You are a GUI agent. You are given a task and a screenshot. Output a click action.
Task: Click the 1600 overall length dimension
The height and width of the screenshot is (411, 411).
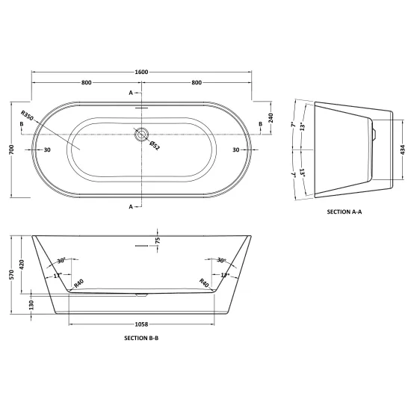pos(141,72)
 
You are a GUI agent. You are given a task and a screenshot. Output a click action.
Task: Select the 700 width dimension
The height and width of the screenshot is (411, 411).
pos(12,149)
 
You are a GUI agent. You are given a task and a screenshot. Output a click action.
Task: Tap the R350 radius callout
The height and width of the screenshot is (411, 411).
pos(27,116)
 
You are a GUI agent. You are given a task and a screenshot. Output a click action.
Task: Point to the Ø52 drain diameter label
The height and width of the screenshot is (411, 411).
pos(155,146)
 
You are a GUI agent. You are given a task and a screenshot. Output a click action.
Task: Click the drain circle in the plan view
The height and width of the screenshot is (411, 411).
pos(142,135)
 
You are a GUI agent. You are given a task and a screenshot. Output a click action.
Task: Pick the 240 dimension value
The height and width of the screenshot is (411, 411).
pos(271,118)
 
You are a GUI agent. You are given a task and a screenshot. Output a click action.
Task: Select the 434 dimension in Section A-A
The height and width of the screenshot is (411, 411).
pos(403,149)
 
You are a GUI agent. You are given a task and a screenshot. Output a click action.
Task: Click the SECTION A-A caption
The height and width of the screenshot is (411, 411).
pos(344,211)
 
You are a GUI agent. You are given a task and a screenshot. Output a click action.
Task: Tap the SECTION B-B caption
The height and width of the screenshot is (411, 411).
pos(141,338)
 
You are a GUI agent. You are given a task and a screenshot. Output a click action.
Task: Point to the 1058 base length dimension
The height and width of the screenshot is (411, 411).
pos(141,324)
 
